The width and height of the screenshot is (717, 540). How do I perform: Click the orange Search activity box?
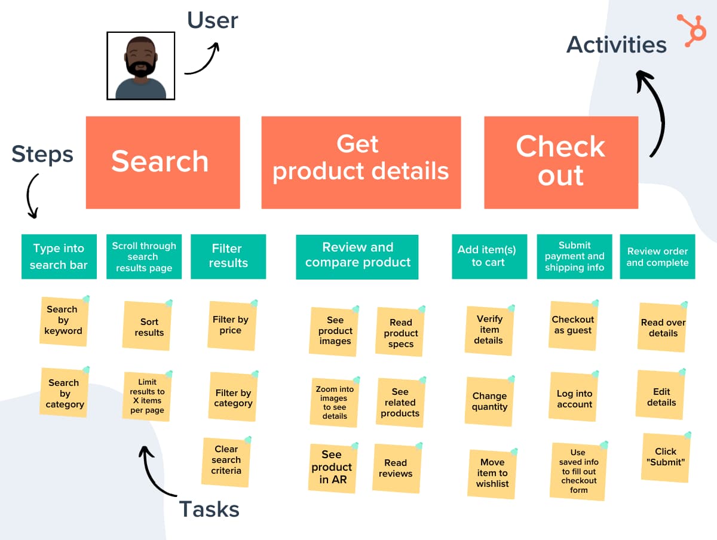tap(163, 162)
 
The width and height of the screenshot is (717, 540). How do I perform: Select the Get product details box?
tap(361, 162)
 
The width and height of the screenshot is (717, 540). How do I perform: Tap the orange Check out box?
tap(560, 162)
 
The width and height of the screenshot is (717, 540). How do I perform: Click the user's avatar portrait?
tap(141, 66)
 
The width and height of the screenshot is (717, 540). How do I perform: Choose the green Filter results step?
tap(228, 256)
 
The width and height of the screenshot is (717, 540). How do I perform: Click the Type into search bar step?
tap(59, 256)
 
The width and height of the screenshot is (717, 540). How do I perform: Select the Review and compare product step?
tap(357, 256)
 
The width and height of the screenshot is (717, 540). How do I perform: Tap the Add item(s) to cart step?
tap(489, 256)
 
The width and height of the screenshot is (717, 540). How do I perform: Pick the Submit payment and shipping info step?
tap(574, 256)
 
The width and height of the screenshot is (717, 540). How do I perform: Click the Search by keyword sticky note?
tap(63, 321)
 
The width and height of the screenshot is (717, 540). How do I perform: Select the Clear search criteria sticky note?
tap(226, 461)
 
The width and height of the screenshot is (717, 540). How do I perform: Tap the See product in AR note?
tap(332, 468)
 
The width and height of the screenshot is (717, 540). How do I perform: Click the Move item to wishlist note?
tap(492, 473)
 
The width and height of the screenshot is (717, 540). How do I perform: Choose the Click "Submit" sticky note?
tap(665, 457)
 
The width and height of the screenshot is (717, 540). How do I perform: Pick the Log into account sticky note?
tap(574, 399)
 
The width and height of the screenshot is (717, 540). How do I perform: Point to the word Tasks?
tap(209, 509)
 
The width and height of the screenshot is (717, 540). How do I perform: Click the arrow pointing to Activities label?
tap(654, 113)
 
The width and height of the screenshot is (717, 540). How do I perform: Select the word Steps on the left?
tap(42, 154)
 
